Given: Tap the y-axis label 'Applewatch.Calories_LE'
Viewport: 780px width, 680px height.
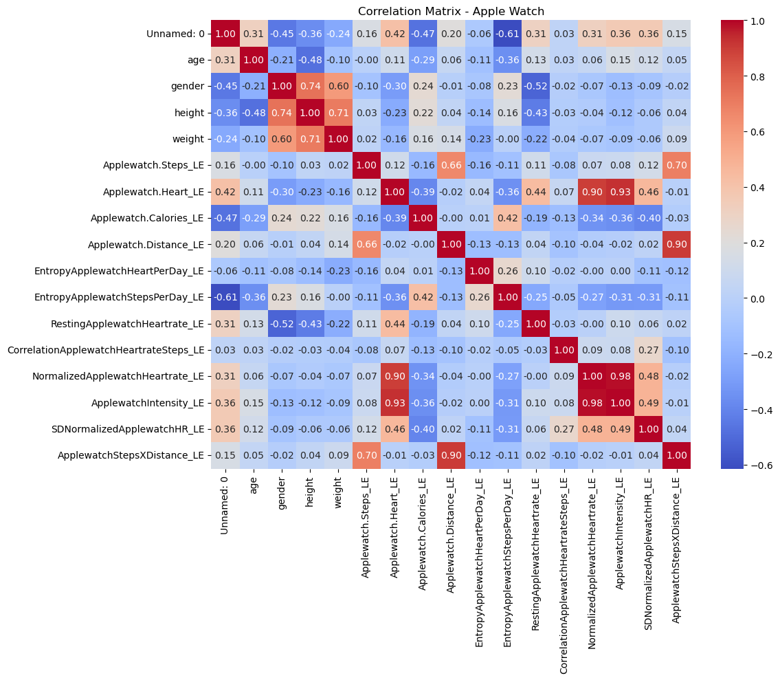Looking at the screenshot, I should (147, 218).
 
